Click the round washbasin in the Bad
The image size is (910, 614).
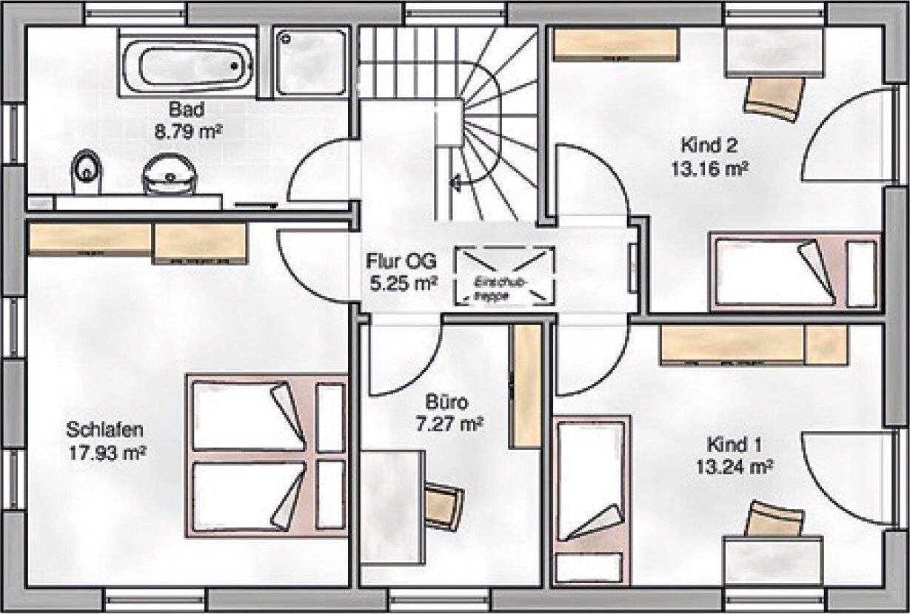pos(171,175)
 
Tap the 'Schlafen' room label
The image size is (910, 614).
pos(104,430)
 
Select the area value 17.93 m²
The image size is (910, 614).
pos(104,451)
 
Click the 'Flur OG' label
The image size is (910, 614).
pos(401,261)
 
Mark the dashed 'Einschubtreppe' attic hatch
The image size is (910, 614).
pos(504,276)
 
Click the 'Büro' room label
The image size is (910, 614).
pos(446,403)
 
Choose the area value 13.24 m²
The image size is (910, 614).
pos(735,467)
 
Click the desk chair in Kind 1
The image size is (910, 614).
pos(772,520)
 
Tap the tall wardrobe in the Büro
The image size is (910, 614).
pos(527,385)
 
